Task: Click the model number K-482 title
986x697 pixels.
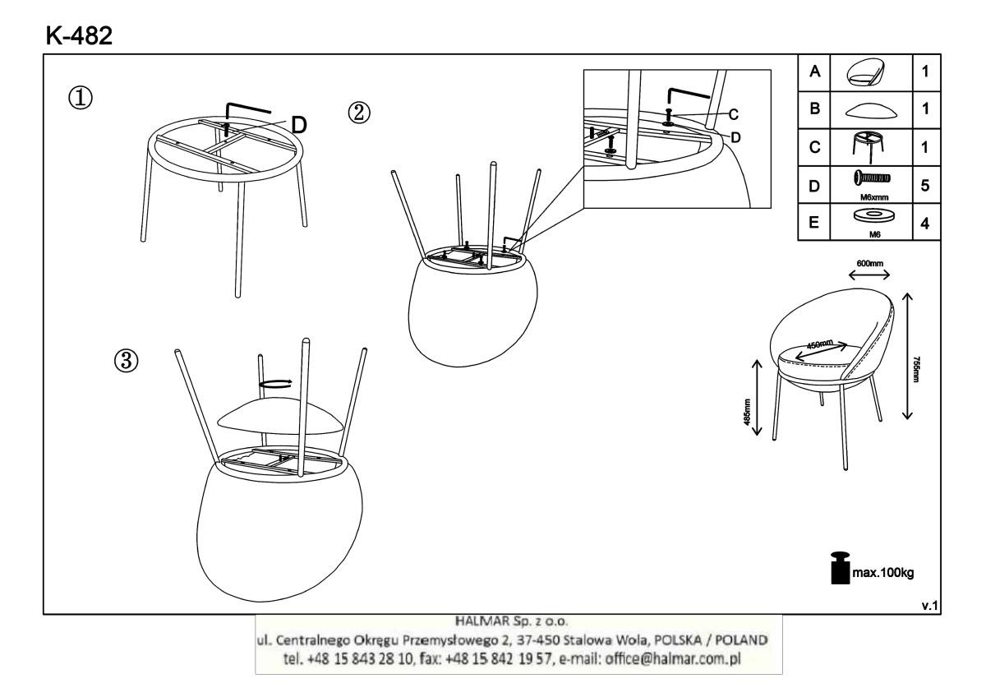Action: pos(79,35)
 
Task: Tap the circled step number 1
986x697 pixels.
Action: pos(81,98)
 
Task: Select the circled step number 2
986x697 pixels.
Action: pos(359,113)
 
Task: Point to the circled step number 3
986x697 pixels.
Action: pos(126,361)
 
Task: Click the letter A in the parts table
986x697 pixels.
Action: pos(814,72)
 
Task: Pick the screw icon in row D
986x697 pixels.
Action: pos(872,178)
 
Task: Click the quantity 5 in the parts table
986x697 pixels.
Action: pos(925,186)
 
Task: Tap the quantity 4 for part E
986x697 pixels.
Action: pos(925,224)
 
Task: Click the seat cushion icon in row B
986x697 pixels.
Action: pos(872,110)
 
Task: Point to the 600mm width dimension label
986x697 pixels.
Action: pos(870,263)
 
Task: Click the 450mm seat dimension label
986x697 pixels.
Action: pos(820,344)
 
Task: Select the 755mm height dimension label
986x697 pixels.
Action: pos(916,369)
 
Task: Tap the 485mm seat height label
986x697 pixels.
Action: pos(747,412)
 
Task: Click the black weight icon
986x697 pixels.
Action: pos(840,568)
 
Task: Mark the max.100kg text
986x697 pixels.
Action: pos(883,573)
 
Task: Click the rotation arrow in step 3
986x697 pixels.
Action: pos(275,383)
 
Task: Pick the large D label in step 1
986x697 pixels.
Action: pos(299,126)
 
